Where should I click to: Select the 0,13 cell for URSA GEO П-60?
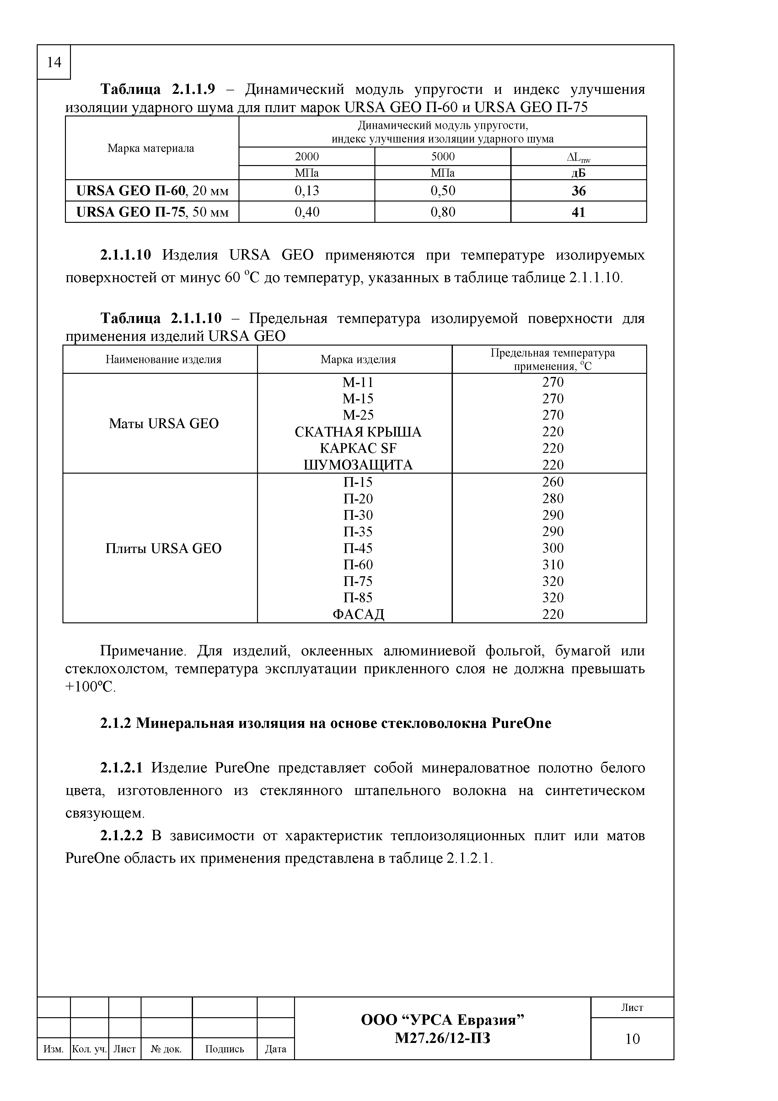click(x=307, y=191)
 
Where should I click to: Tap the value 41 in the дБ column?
click(x=579, y=212)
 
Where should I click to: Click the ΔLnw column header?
click(x=579, y=157)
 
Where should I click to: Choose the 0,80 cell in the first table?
click(x=443, y=212)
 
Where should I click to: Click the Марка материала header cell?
click(x=151, y=148)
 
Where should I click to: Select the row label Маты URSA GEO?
click(x=164, y=423)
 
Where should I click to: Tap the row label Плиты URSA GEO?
click(x=164, y=548)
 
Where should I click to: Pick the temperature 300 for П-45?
click(x=553, y=548)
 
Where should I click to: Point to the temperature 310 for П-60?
click(x=553, y=564)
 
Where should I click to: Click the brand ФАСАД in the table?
click(x=358, y=614)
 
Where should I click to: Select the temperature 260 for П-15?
click(x=553, y=482)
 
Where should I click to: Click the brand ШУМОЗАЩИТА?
click(x=358, y=465)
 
